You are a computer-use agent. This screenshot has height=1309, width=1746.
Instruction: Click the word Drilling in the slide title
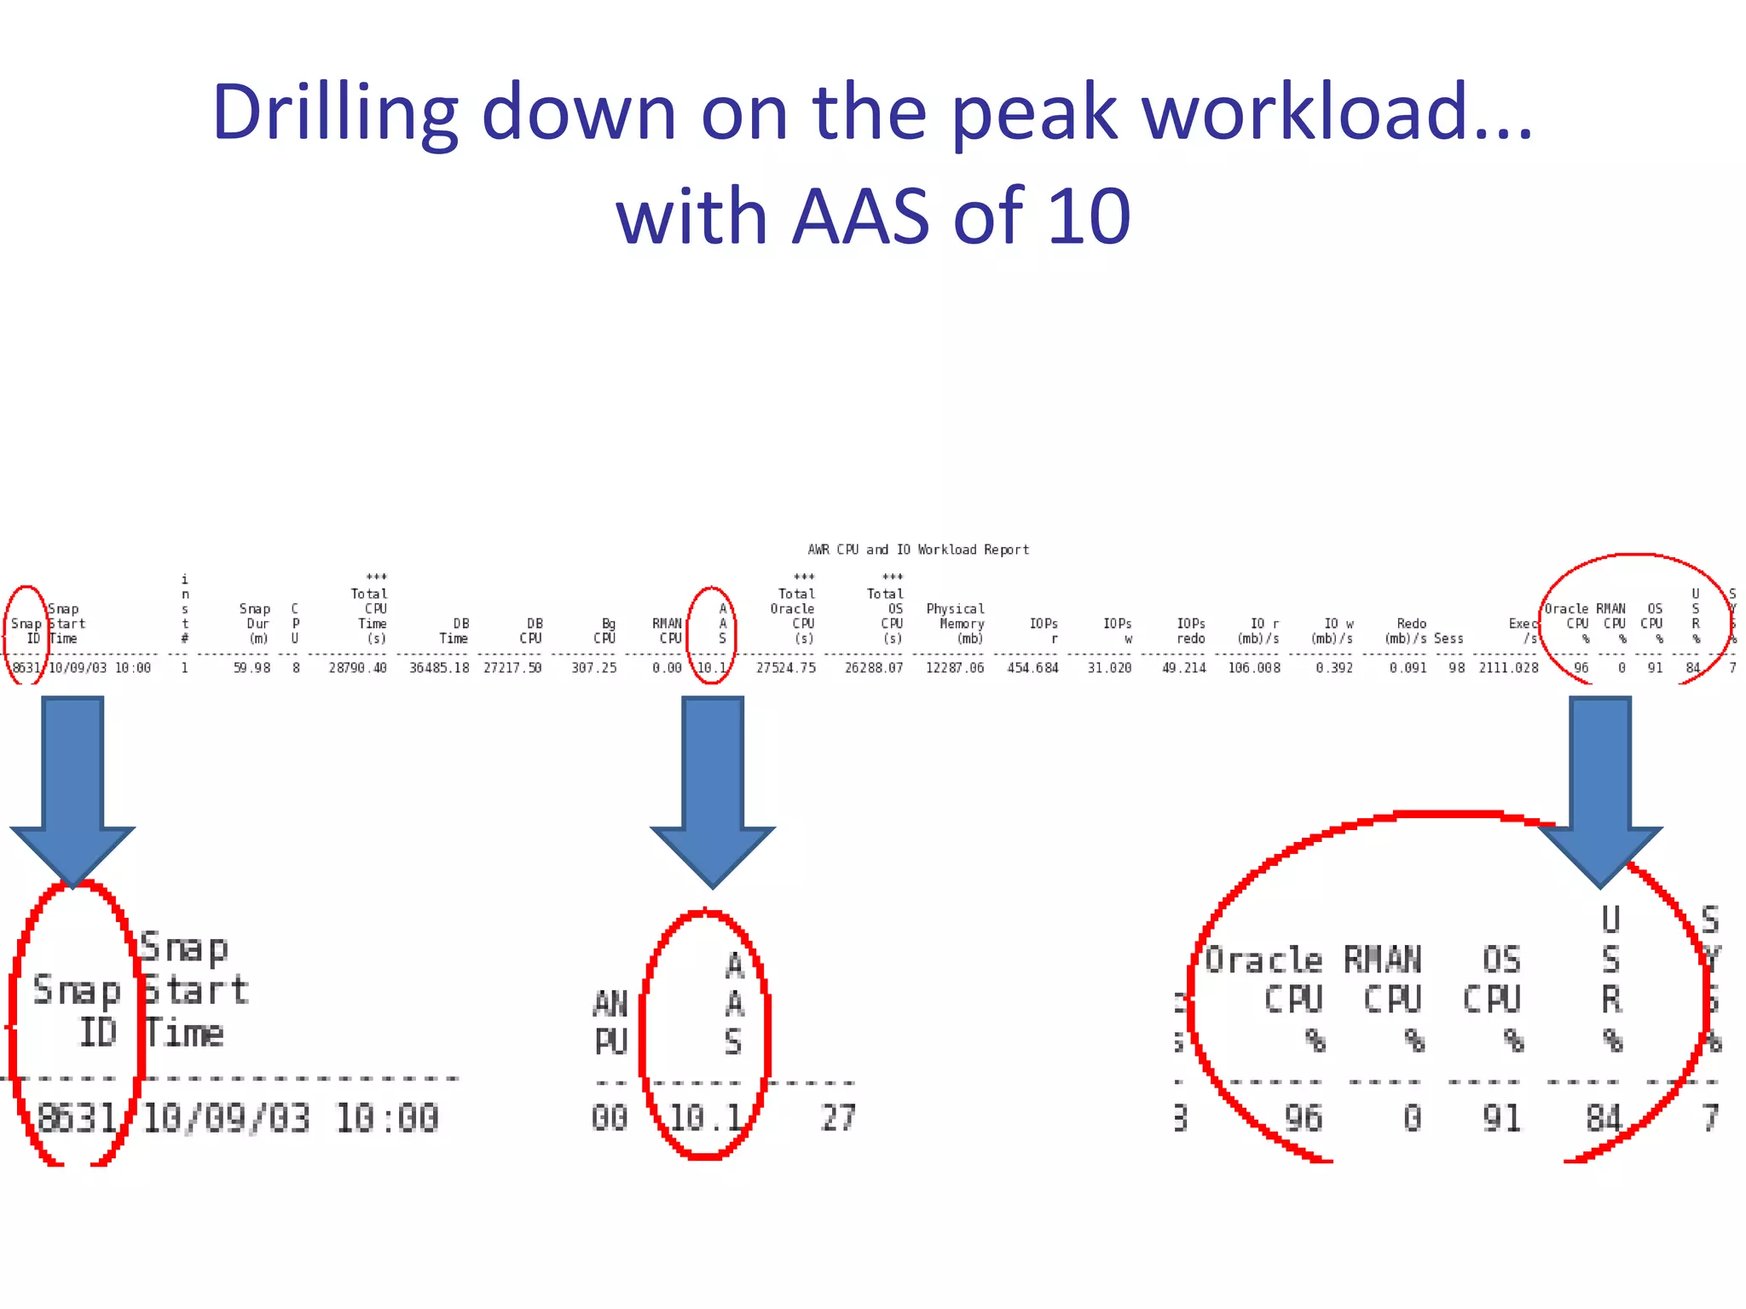coord(335,113)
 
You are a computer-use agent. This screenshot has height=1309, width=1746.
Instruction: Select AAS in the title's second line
coord(861,216)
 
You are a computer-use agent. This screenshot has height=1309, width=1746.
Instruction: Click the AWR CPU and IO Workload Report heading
coord(918,550)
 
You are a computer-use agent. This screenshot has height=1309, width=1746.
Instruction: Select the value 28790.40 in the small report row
coord(358,668)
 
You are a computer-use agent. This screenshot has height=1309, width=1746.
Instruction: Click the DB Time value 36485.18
coord(439,668)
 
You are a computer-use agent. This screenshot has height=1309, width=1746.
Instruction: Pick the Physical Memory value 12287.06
coord(955,668)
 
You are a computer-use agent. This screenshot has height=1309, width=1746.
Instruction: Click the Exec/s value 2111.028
coord(1508,668)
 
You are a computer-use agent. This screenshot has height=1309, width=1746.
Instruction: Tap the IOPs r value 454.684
coord(1032,668)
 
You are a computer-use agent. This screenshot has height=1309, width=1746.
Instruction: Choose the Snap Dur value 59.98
coord(251,668)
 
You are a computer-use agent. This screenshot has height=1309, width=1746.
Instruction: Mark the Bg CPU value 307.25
coord(594,668)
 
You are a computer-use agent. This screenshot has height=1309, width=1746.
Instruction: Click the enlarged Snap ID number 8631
coord(77,1118)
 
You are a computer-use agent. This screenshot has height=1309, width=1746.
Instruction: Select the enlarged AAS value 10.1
coord(705,1118)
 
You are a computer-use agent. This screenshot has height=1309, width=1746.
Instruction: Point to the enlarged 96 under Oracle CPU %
coord(1304,1118)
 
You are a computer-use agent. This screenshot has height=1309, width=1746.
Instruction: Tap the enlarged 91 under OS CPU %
coord(1501,1118)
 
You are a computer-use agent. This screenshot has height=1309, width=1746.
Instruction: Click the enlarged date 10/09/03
coord(226,1118)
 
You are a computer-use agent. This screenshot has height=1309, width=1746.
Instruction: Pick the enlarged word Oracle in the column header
coord(1263,960)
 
